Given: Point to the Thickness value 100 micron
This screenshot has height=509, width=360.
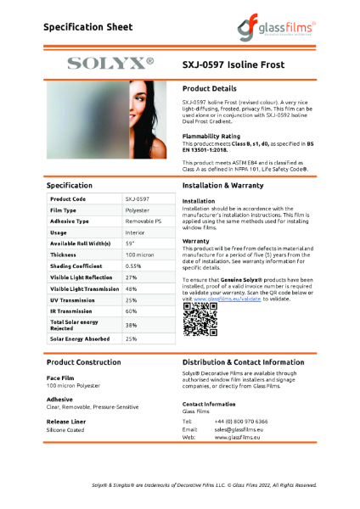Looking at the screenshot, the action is pyautogui.click(x=140, y=254).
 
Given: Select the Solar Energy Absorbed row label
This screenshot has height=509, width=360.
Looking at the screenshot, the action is pyautogui.click(x=82, y=339).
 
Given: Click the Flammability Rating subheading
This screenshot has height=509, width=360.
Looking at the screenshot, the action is pyautogui.click(x=211, y=136).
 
